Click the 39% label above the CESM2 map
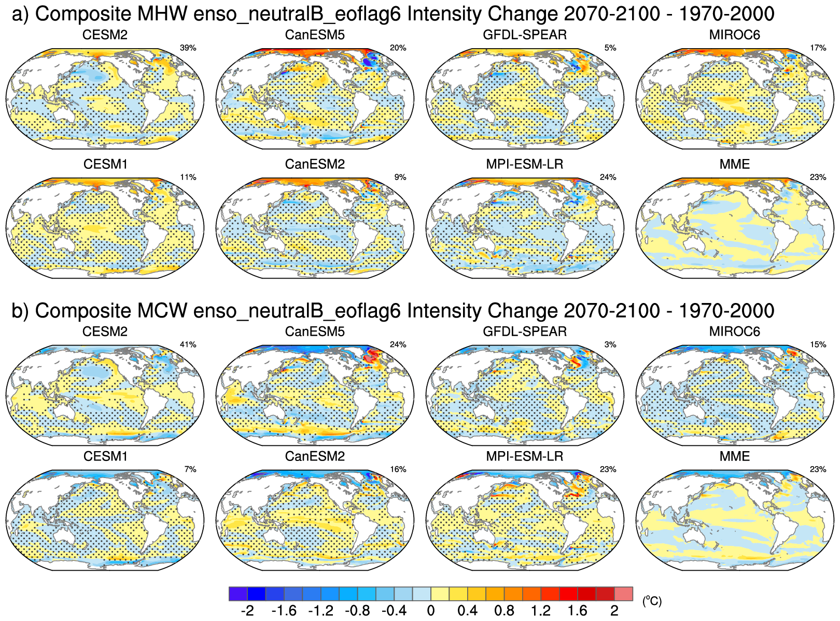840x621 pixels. coord(188,48)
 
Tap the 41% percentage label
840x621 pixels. coord(188,345)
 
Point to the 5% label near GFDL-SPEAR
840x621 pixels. coord(610,48)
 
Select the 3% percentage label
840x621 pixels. coord(610,345)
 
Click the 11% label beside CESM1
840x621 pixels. coord(188,178)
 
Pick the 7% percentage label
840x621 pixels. coord(190,470)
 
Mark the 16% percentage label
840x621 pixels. coord(398,470)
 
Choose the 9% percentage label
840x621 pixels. coord(400,178)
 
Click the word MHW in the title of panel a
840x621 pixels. coord(162,14)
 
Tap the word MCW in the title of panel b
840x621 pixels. coord(162,311)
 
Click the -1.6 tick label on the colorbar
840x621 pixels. coord(284,611)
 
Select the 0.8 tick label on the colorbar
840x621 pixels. coord(504,611)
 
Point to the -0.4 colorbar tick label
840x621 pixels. coord(394,611)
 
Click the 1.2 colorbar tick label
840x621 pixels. coord(540,611)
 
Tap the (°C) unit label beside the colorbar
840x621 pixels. coord(652,601)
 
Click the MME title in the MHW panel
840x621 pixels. coord(735,165)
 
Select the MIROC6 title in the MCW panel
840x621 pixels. coord(735,332)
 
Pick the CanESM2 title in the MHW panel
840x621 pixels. coord(315,165)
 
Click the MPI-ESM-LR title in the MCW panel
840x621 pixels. coord(525,457)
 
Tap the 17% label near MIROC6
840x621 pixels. coord(818,48)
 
